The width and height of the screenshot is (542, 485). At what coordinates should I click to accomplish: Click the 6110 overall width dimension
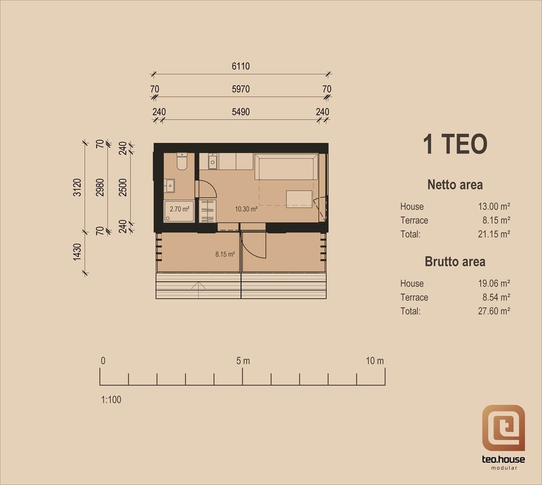pyautogui.click(x=241, y=66)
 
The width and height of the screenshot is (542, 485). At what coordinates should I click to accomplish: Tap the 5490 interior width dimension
pyautogui.click(x=241, y=112)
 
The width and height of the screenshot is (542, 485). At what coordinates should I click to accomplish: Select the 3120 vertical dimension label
pyautogui.click(x=77, y=187)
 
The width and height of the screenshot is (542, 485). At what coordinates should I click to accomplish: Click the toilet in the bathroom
pyautogui.click(x=182, y=161)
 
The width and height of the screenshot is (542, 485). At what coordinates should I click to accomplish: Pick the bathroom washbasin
pyautogui.click(x=169, y=186)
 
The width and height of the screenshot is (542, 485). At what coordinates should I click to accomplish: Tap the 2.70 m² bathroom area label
pyautogui.click(x=179, y=209)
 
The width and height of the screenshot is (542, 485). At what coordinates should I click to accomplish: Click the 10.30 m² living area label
pyautogui.click(x=246, y=209)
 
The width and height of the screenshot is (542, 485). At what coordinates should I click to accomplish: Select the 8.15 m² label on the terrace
pyautogui.click(x=225, y=255)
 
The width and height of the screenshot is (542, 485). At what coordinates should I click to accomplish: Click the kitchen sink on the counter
pyautogui.click(x=212, y=161)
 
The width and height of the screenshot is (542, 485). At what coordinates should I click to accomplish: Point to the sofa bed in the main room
pyautogui.click(x=286, y=166)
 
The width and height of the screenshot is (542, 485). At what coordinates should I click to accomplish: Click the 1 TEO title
pyautogui.click(x=455, y=144)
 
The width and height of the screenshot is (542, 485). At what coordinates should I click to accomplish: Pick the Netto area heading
pyautogui.click(x=455, y=185)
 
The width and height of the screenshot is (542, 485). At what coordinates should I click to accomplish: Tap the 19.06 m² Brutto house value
pyautogui.click(x=494, y=283)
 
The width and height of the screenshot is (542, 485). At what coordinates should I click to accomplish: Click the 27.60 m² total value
pyautogui.click(x=494, y=311)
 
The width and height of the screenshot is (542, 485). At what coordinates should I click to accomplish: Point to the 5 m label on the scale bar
pyautogui.click(x=243, y=361)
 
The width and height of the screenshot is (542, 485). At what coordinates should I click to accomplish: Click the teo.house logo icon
pyautogui.click(x=504, y=428)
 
